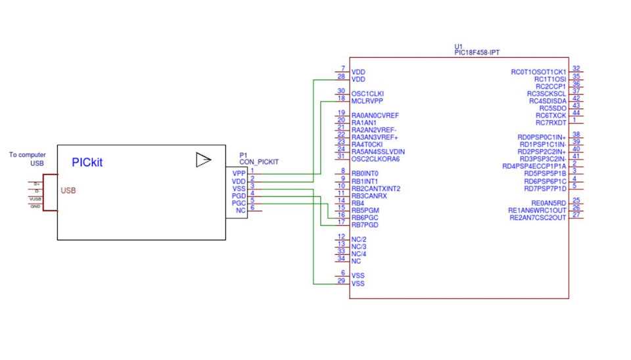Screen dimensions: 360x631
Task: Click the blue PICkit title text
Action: (x=87, y=162)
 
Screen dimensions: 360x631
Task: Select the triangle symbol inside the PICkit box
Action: (x=204, y=160)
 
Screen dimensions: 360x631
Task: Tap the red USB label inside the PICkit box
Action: (x=68, y=191)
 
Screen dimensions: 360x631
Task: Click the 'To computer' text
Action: (x=28, y=155)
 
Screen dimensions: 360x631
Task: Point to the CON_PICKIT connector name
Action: (x=259, y=161)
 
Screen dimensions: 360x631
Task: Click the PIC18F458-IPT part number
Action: (x=478, y=53)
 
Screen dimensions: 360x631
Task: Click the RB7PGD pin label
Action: (x=365, y=225)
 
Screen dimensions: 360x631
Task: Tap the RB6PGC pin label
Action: (x=365, y=217)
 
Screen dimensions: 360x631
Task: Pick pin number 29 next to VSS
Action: (x=341, y=281)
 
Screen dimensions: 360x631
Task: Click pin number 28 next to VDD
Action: (x=341, y=76)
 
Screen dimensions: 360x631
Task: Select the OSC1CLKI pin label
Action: (x=367, y=93)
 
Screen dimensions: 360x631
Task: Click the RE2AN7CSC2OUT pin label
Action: (x=537, y=217)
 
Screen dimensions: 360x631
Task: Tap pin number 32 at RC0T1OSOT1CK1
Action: (x=576, y=68)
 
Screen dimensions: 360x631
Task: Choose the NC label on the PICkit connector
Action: (x=241, y=210)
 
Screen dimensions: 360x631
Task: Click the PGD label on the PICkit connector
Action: (x=239, y=196)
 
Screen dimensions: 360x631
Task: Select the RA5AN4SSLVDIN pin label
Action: (x=378, y=152)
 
